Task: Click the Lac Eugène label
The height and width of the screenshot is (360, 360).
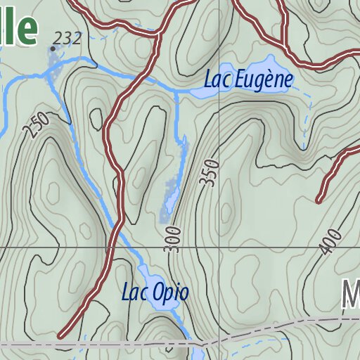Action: (x=247, y=80)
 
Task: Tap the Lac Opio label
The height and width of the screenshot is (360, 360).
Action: (x=155, y=292)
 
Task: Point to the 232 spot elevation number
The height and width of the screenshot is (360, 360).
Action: (x=68, y=38)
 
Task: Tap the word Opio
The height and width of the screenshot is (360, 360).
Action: (x=173, y=292)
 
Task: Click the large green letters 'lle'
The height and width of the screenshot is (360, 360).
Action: (x=19, y=27)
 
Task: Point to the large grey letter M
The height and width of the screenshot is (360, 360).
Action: (x=351, y=295)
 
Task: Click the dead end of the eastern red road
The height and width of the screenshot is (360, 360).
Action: (x=319, y=200)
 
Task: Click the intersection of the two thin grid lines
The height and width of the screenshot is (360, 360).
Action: (x=218, y=247)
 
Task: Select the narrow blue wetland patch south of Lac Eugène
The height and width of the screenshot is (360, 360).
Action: (x=171, y=197)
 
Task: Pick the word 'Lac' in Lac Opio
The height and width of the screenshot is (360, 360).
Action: (x=134, y=292)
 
